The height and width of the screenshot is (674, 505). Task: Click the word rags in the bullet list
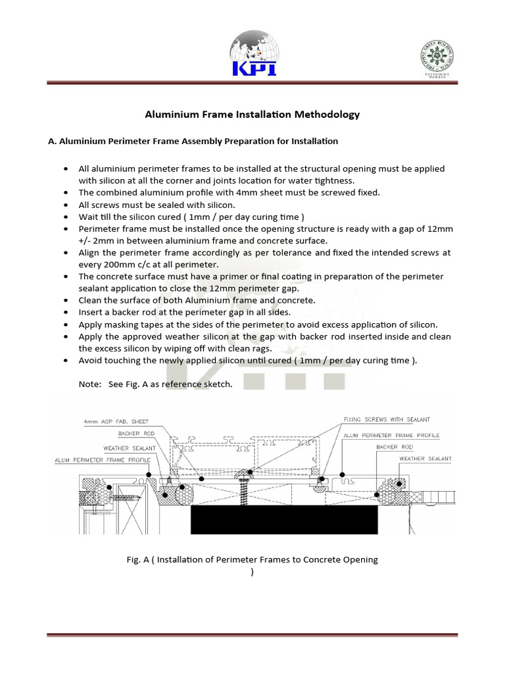click(x=245, y=348)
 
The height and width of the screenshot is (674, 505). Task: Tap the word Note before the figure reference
click(x=89, y=384)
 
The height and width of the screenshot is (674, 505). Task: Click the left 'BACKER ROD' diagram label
click(x=136, y=434)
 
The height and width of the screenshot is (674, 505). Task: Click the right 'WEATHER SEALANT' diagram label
click(x=425, y=458)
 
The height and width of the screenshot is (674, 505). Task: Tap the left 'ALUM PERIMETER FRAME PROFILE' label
click(x=102, y=460)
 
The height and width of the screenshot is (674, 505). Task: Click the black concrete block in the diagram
click(x=284, y=519)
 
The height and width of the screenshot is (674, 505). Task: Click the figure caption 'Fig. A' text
click(x=139, y=559)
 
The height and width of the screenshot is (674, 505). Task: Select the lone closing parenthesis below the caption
click(x=252, y=572)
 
